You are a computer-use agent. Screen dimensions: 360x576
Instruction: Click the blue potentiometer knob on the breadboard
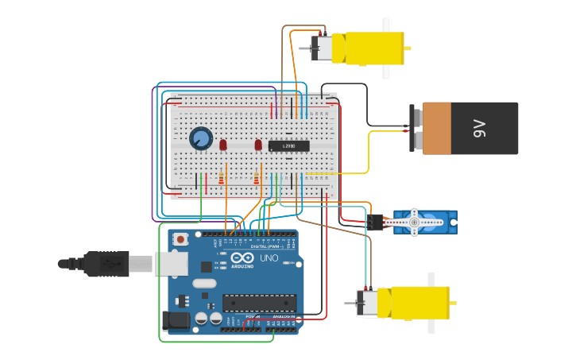pos(201,139)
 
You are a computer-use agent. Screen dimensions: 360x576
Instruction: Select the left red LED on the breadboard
pos(223,145)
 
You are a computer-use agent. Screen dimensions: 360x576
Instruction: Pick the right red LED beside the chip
pos(258,145)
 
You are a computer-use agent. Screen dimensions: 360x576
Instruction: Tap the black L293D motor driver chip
pos(288,146)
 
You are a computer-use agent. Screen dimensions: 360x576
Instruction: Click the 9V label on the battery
pos(479,128)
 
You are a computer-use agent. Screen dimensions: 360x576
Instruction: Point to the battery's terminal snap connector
pos(415,128)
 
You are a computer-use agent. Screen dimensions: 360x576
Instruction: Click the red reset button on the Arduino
pos(181,238)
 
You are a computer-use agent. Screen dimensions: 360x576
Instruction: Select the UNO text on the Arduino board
pos(269,258)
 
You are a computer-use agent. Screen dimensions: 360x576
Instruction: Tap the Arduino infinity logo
pos(242,257)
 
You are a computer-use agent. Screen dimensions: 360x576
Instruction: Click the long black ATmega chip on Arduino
pos(259,302)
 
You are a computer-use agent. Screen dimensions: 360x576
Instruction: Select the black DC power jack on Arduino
pos(176,320)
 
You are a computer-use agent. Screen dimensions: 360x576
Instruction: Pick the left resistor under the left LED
pos(221,180)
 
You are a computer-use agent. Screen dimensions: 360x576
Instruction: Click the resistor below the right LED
pos(256,179)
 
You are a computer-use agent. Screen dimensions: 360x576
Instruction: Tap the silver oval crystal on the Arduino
pos(204,283)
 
